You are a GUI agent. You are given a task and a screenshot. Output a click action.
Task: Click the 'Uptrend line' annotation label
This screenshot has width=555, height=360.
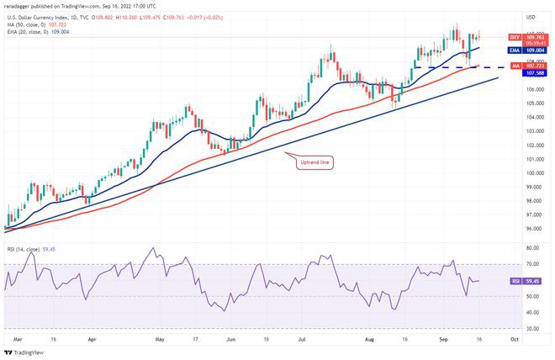[x=316, y=162]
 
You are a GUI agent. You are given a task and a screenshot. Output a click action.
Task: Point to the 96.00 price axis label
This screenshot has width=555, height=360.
[x=531, y=229]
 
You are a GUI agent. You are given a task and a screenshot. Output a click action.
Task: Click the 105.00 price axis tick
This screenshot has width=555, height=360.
[x=532, y=103]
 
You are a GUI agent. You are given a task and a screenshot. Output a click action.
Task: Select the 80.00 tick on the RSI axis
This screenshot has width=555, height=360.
[x=531, y=249]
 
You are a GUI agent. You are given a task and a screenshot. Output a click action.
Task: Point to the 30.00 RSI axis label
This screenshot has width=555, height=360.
[x=531, y=328]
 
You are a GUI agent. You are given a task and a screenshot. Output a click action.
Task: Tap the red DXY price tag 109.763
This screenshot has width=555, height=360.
[x=533, y=38]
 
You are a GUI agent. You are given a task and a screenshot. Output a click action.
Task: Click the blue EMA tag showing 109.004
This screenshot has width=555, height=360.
[x=533, y=49]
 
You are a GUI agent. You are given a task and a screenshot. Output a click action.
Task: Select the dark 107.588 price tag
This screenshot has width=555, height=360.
[x=533, y=73]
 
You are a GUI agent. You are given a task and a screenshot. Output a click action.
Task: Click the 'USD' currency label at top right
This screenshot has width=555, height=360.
[x=531, y=18]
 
